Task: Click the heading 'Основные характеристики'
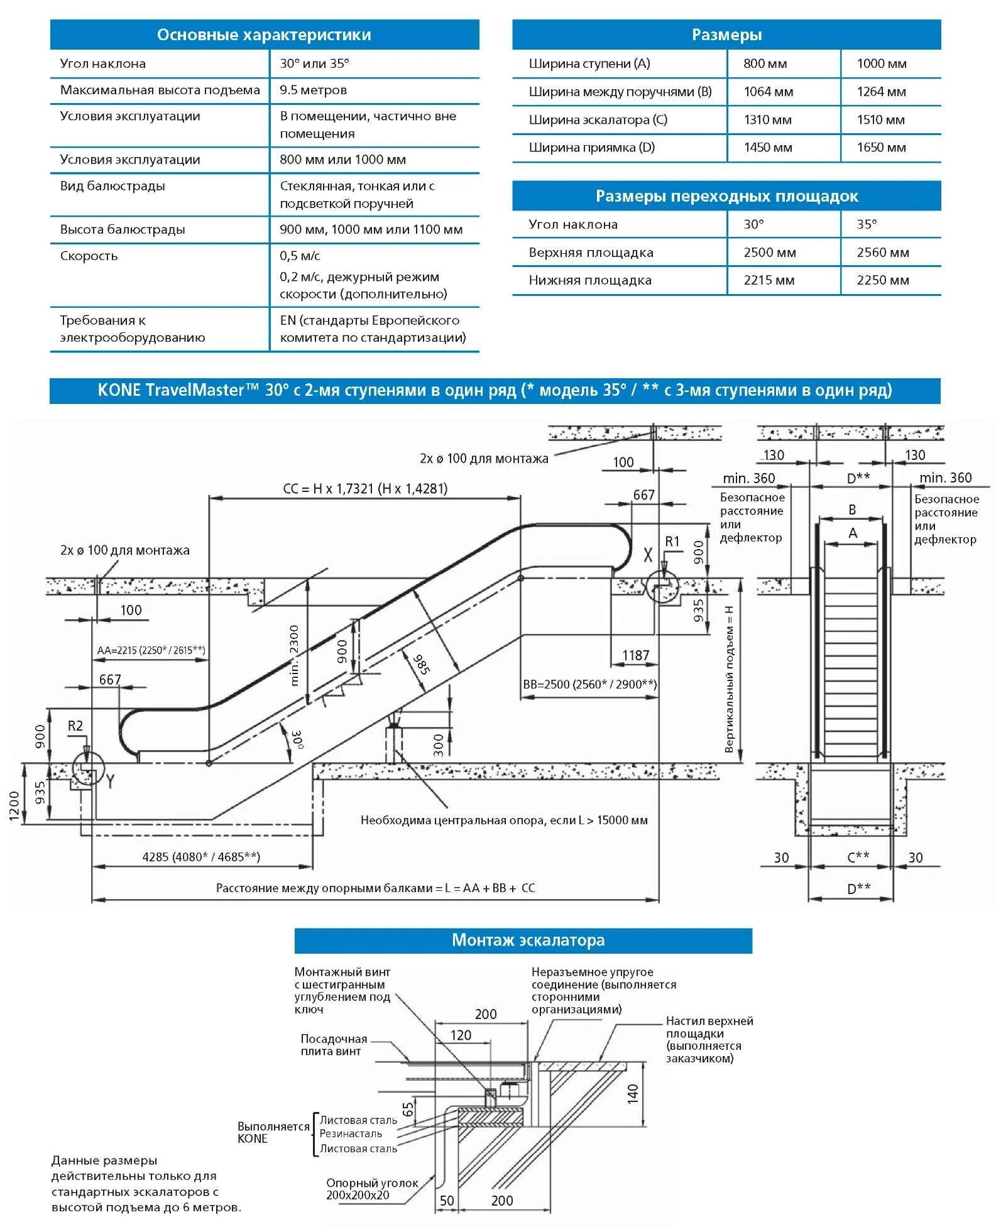264,35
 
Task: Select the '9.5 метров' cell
313,90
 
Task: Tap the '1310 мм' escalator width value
767,119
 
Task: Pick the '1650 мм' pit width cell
881,147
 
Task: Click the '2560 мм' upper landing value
882,252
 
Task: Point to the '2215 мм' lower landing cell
769,280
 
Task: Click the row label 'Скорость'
89,256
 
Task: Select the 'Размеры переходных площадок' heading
726,196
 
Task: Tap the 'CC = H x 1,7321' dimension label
365,488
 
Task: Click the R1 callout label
672,541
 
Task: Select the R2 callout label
75,726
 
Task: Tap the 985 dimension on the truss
421,663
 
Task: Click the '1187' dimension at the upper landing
635,655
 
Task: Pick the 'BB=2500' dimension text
589,684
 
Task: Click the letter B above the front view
852,510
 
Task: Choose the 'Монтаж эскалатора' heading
528,940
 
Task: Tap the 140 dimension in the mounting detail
632,1093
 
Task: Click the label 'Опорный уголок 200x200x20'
371,1189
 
